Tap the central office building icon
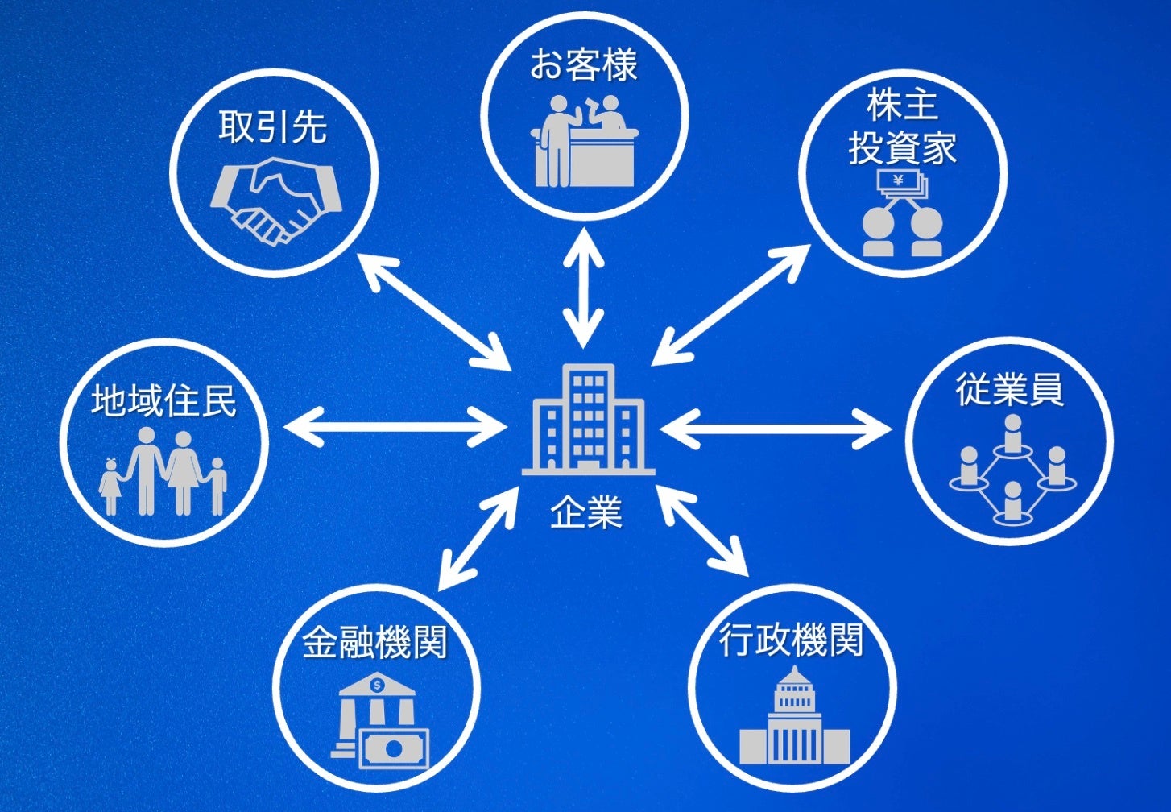coord(588,420)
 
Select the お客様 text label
coord(584,65)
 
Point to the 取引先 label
coord(273,127)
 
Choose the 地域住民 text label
coord(163,400)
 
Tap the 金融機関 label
coord(375,642)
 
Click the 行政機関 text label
coord(792,640)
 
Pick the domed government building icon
coord(794,719)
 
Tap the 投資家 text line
coord(902,148)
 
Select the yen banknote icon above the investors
coord(902,184)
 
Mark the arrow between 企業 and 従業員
coord(776,429)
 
